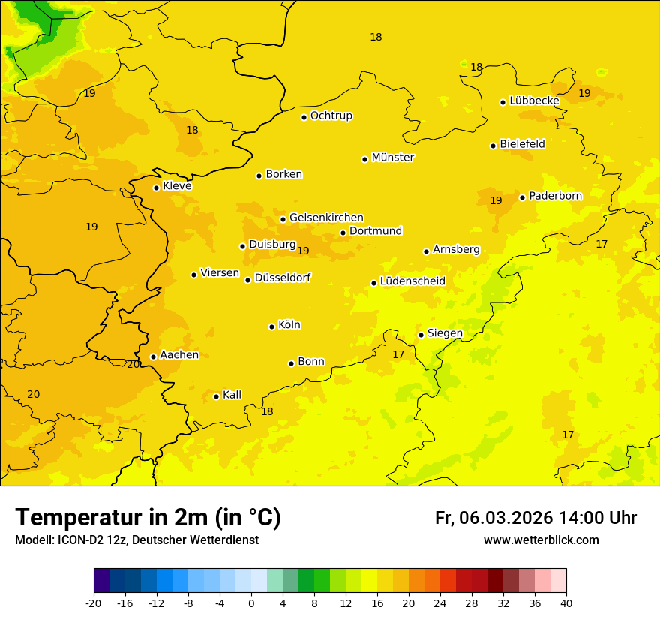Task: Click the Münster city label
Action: [x=393, y=158]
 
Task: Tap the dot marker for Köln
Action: [x=271, y=327]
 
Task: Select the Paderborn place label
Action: [x=555, y=196]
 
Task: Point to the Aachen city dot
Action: [x=153, y=357]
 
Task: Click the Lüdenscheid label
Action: [x=412, y=281]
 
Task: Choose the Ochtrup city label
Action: [x=331, y=116]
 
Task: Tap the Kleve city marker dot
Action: [x=156, y=188]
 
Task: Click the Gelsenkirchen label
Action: [x=326, y=218]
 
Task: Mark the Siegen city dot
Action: [x=421, y=335]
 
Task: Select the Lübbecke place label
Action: [x=534, y=101]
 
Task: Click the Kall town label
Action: [x=232, y=395]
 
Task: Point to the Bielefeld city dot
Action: [x=493, y=146]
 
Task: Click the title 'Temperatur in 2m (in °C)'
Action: [x=148, y=518]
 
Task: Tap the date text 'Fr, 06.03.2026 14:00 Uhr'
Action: [x=535, y=518]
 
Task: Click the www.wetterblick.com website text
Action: [x=541, y=540]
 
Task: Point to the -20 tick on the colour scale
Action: [x=94, y=603]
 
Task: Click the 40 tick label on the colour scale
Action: [x=566, y=603]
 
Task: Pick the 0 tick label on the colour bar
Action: [x=251, y=603]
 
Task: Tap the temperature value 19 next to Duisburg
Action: [x=303, y=251]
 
